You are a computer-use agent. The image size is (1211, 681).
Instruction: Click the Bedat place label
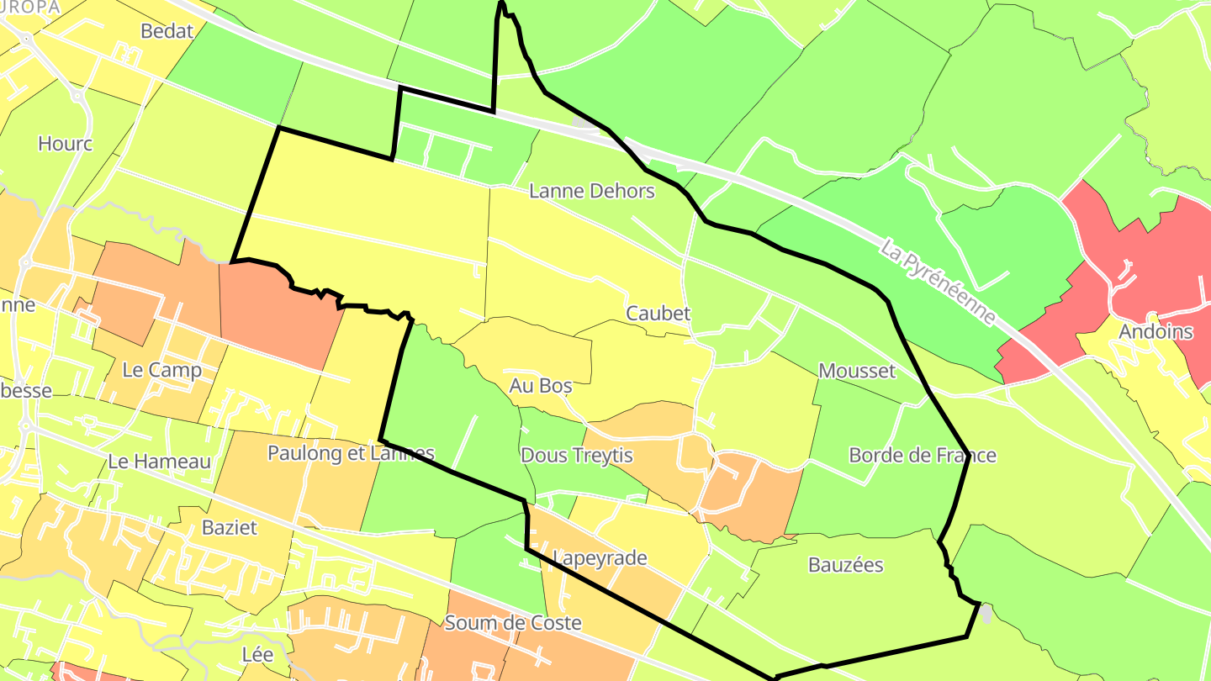[x=167, y=32]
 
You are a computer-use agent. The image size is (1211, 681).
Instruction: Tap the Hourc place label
[x=66, y=144]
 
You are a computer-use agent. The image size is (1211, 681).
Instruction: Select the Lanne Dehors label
[x=592, y=191]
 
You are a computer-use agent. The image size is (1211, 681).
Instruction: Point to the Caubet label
[x=658, y=314]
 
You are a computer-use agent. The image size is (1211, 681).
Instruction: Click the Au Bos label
[x=541, y=386]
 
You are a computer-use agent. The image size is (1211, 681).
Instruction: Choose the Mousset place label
[x=857, y=371]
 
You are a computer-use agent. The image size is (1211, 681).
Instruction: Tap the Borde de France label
[x=923, y=455]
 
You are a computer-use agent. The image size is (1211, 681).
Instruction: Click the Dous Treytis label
[x=577, y=455]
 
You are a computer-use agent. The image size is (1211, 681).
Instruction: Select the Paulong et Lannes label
[x=351, y=453]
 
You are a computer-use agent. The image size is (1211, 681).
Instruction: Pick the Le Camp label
[x=162, y=370]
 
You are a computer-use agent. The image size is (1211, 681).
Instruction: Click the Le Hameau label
[x=160, y=462]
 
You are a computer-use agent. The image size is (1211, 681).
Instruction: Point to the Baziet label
[x=230, y=528]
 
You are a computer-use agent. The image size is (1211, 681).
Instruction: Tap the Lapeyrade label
[x=600, y=557]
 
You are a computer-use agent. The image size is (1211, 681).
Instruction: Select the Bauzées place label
[x=845, y=565]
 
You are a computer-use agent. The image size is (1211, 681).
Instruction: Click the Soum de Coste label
[x=513, y=623]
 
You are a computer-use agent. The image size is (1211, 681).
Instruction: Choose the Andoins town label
[x=1155, y=331]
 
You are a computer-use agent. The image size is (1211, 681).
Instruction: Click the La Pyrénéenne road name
[x=938, y=283]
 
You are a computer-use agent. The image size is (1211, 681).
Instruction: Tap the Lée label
[x=257, y=654]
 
